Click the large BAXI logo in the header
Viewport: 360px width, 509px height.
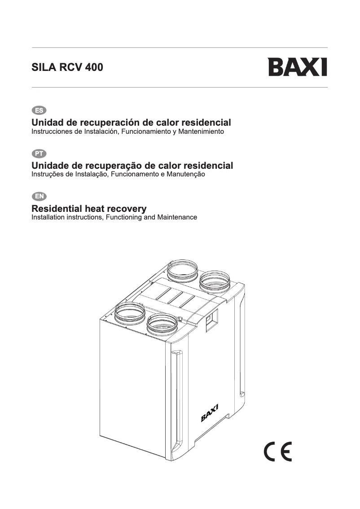298,67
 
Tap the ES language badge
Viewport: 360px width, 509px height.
39,110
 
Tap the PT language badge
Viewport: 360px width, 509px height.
39,154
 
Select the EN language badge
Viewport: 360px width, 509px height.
39,196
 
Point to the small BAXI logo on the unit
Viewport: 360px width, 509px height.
210,412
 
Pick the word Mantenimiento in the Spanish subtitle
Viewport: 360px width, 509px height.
201,132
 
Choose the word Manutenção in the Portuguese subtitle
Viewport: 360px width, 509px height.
186,174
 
